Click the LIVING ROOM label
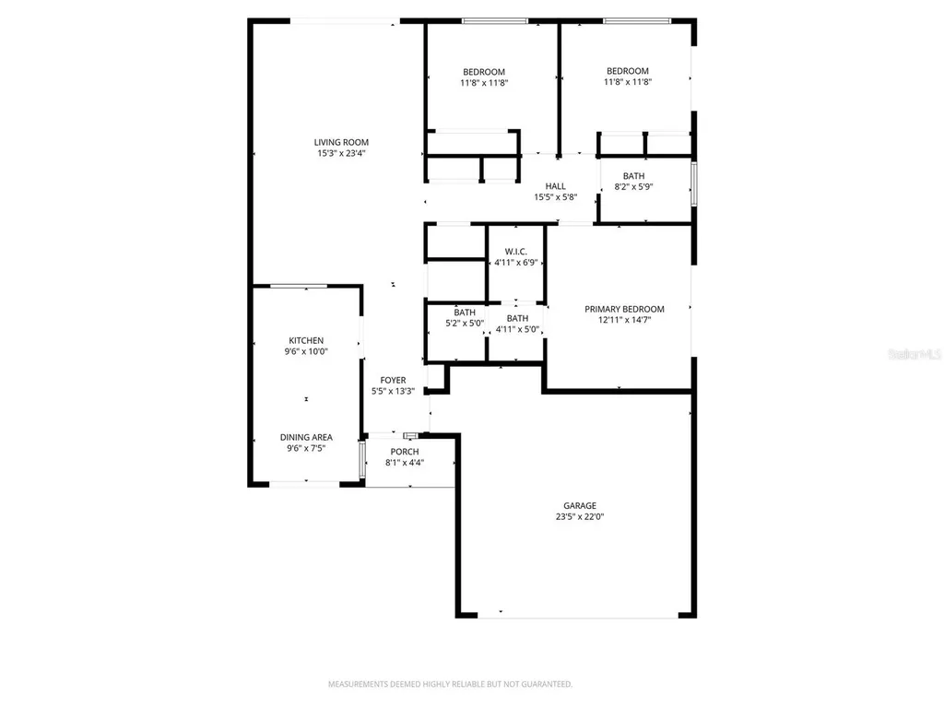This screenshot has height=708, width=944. point(341,143)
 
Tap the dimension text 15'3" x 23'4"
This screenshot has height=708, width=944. point(341,154)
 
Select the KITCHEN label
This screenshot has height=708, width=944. point(306,340)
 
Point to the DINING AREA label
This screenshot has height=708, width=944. point(306,437)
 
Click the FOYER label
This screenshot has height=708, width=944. point(393,380)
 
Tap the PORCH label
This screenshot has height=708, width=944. point(405,452)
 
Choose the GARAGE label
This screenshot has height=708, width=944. point(580,505)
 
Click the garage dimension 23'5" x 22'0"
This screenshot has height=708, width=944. point(580,517)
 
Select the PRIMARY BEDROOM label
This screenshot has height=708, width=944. point(624,310)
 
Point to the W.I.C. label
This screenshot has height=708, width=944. point(515,252)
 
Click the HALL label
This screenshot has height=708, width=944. point(555,186)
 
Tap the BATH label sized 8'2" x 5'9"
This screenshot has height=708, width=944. point(633,176)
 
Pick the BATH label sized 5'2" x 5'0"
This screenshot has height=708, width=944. point(465,313)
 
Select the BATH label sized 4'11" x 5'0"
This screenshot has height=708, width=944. point(517,318)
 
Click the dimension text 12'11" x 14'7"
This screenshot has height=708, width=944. point(624,321)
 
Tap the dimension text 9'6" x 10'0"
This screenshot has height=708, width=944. point(306,351)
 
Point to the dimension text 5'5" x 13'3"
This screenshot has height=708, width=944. point(393,391)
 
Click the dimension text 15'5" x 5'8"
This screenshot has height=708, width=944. point(555,197)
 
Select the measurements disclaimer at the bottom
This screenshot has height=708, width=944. point(451,684)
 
